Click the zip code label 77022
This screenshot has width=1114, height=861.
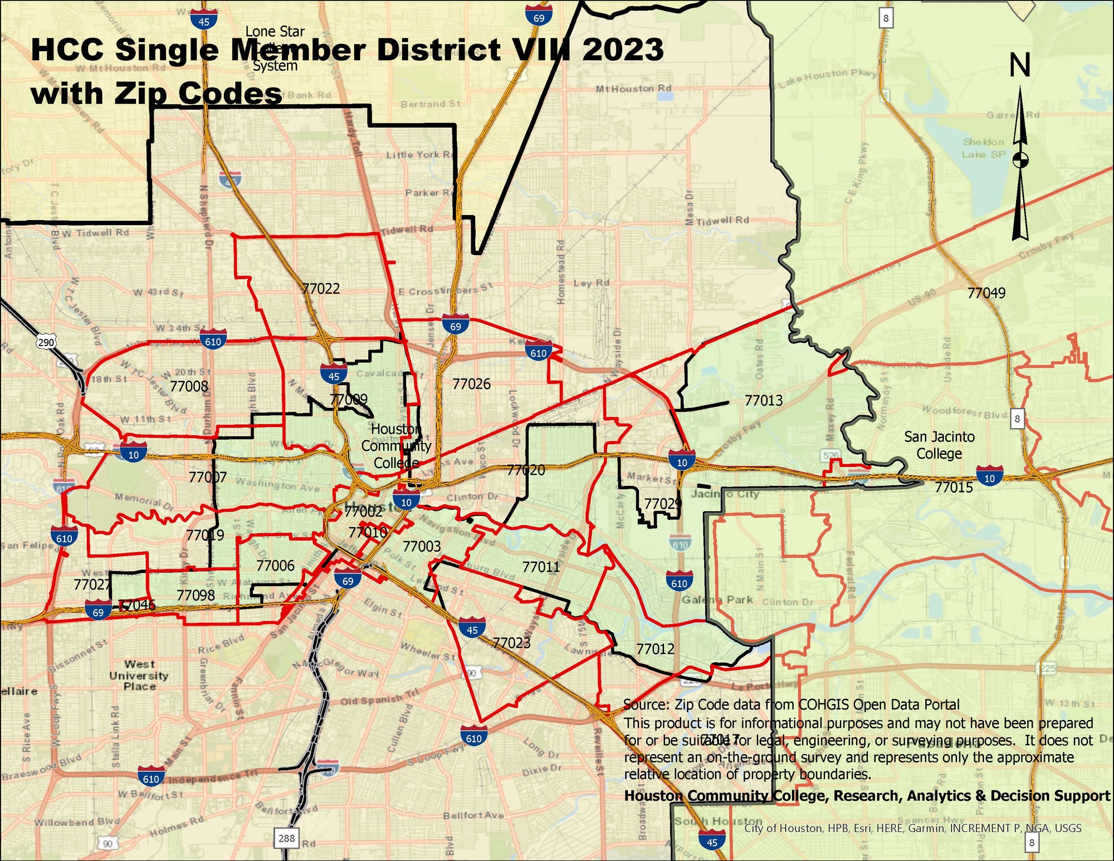pyautogui.click(x=321, y=289)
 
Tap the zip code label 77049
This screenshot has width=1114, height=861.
pyautogui.click(x=986, y=293)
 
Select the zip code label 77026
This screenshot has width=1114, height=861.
pyautogui.click(x=471, y=384)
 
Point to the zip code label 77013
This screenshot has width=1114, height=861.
pyautogui.click(x=764, y=401)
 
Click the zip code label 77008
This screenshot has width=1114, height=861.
pyautogui.click(x=189, y=386)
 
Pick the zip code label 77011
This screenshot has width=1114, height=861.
pyautogui.click(x=541, y=567)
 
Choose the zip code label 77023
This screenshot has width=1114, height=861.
pyautogui.click(x=511, y=643)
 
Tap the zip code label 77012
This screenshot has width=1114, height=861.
pyautogui.click(x=655, y=649)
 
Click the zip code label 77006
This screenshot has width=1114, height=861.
pyautogui.click(x=275, y=566)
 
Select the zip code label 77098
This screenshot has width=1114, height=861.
pyautogui.click(x=196, y=596)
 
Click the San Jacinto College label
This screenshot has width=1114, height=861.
pyautogui.click(x=939, y=445)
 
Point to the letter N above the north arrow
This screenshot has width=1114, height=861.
pyautogui.click(x=1020, y=66)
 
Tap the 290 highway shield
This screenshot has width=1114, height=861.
pyautogui.click(x=46, y=342)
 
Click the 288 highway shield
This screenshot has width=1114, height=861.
pyautogui.click(x=286, y=838)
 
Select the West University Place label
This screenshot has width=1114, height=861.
pyautogui.click(x=139, y=675)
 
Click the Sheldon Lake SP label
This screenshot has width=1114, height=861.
pyautogui.click(x=983, y=148)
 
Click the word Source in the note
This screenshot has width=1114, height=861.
pyautogui.click(x=646, y=705)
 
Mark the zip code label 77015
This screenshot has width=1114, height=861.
pyautogui.click(x=954, y=488)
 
